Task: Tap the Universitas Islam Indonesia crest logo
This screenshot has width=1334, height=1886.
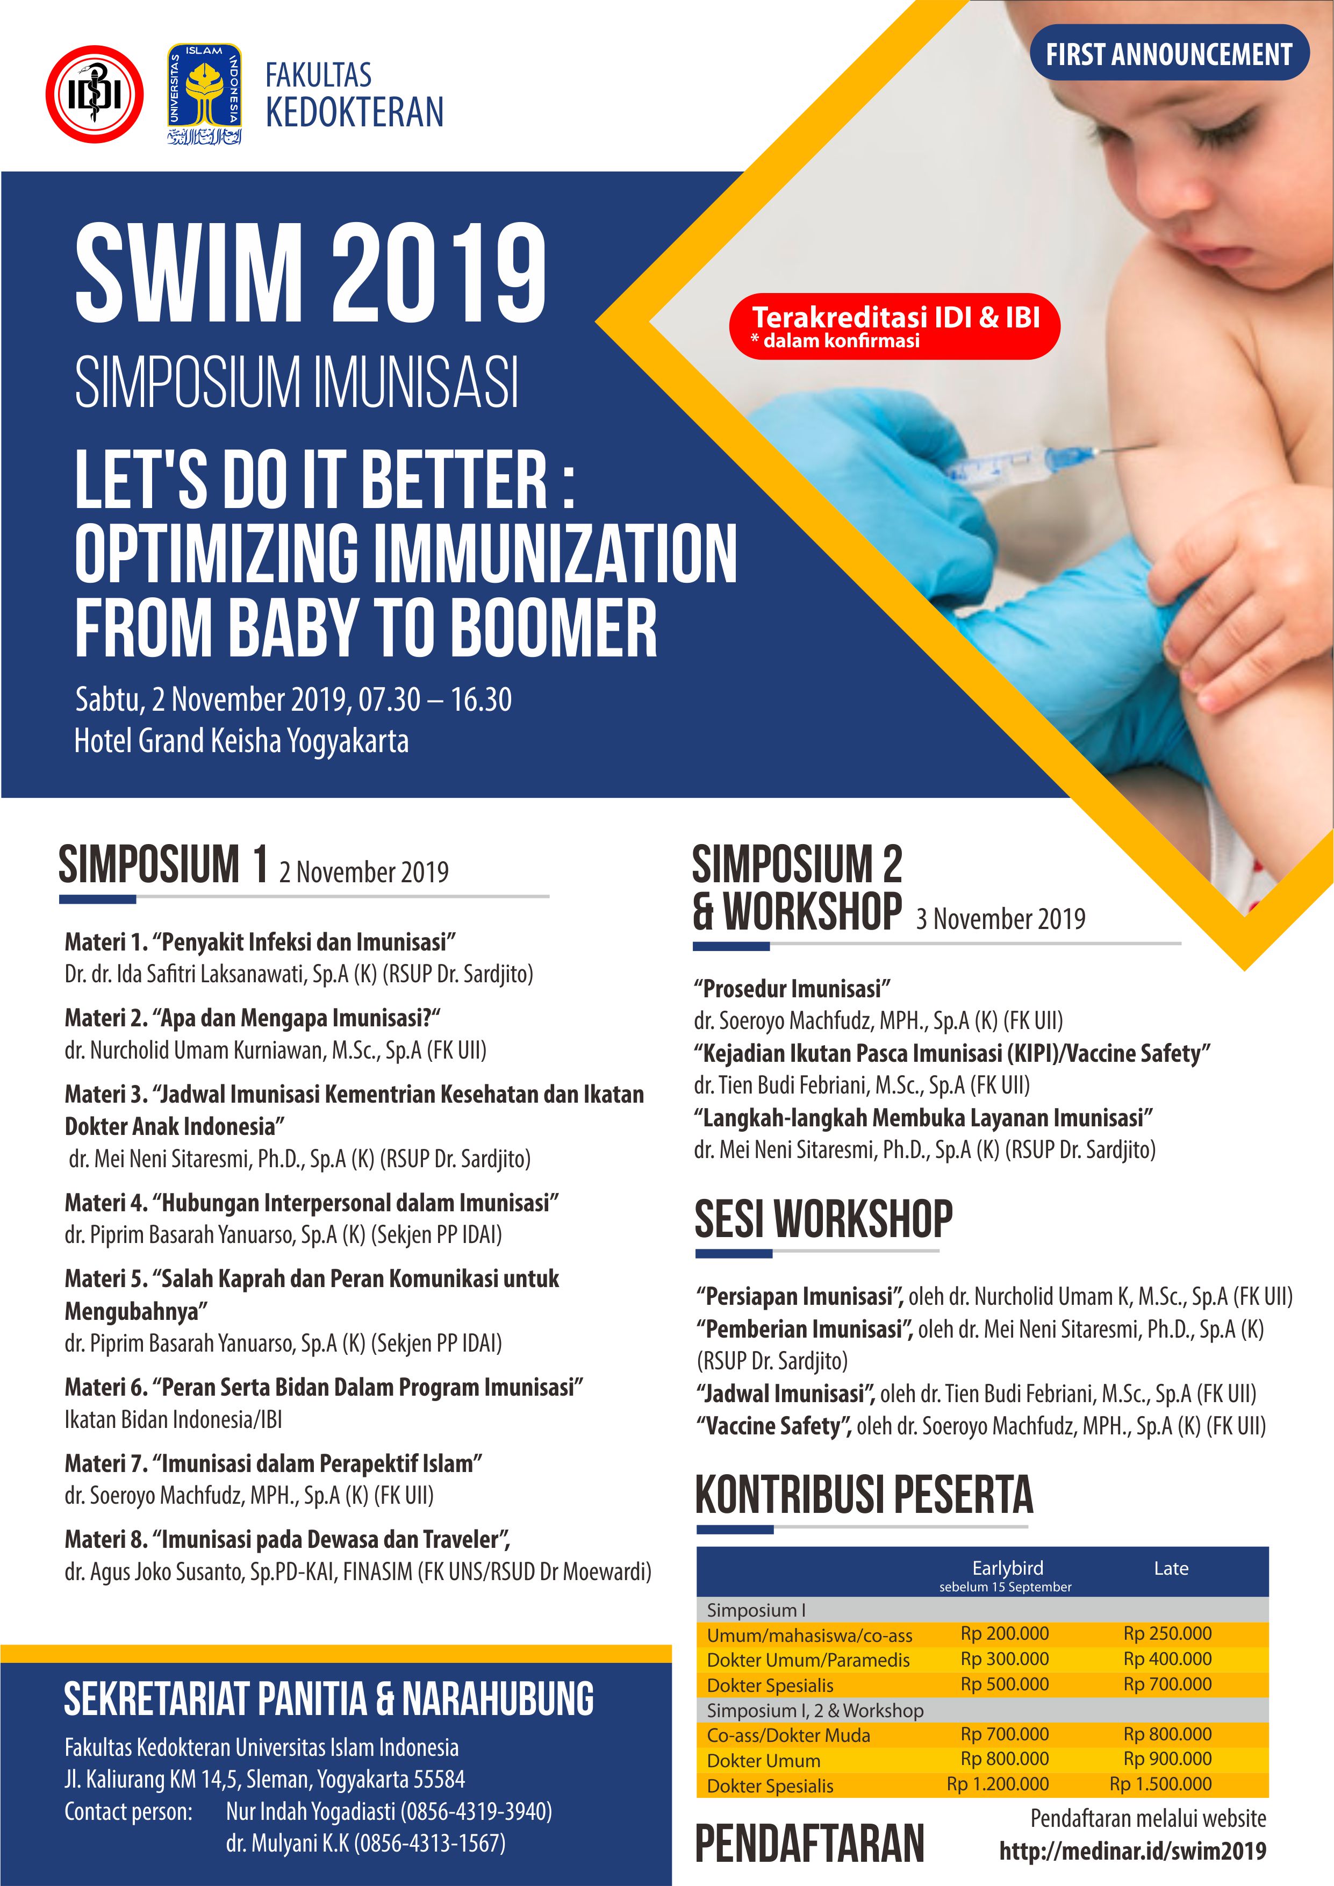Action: (x=205, y=94)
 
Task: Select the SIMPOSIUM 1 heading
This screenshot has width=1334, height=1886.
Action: (x=163, y=865)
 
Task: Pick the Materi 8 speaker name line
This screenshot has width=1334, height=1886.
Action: (x=357, y=1572)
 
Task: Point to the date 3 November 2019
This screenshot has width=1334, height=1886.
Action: (x=1001, y=918)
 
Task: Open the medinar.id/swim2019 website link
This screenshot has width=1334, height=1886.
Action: (x=1132, y=1851)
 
